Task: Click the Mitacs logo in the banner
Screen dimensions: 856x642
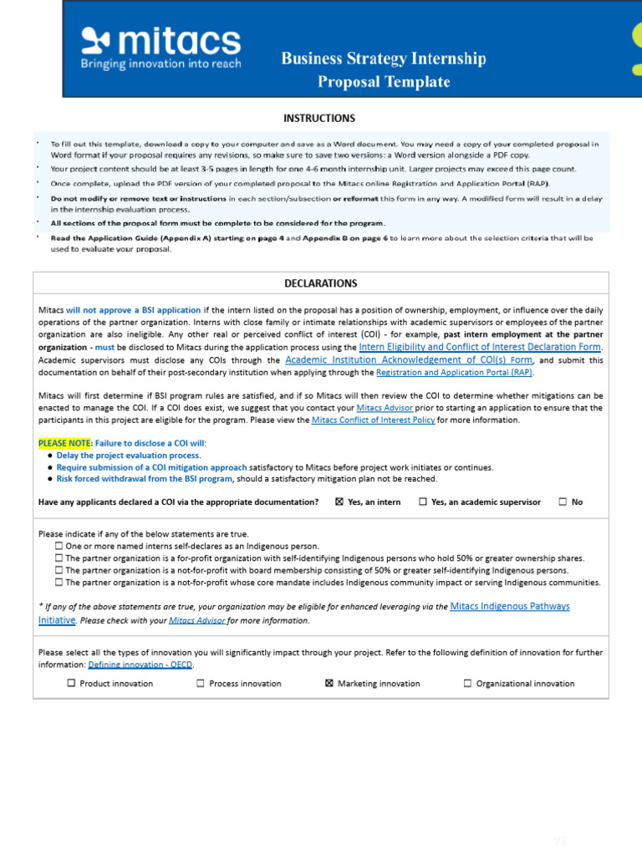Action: tap(160, 41)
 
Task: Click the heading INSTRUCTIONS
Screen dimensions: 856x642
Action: tap(319, 118)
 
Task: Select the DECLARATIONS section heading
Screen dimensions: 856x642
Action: tap(320, 283)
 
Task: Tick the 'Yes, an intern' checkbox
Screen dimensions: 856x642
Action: tap(339, 502)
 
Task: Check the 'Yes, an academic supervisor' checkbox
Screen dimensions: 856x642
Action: tap(422, 502)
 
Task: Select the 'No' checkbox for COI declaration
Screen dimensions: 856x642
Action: tap(563, 502)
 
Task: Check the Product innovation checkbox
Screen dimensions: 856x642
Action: tap(71, 683)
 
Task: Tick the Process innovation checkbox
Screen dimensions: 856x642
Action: tap(201, 683)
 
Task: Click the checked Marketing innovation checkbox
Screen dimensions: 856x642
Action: tap(329, 683)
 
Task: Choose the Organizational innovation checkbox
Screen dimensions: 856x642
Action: tap(467, 683)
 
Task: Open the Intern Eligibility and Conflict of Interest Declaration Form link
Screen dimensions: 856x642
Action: tap(480, 346)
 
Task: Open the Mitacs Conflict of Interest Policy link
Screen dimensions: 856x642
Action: tap(373, 420)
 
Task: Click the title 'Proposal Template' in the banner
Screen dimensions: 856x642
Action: tap(384, 82)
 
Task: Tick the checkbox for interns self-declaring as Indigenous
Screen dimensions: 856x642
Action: tap(59, 546)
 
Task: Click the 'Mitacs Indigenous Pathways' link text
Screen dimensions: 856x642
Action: tap(509, 606)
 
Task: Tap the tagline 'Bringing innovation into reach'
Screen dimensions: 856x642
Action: tap(160, 64)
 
